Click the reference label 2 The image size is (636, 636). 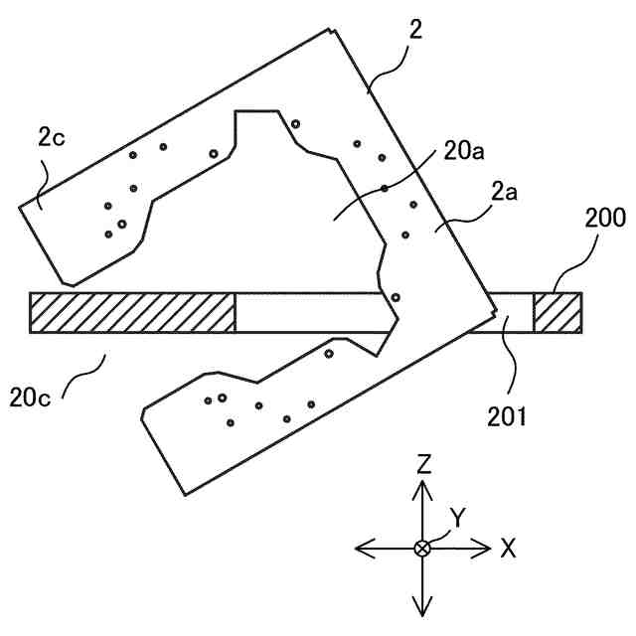[x=415, y=29]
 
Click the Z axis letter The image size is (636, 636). [x=424, y=463]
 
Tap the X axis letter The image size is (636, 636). [x=508, y=548]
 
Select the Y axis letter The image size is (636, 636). [x=457, y=517]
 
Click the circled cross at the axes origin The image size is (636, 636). [x=423, y=548]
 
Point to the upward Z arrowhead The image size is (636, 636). [x=423, y=486]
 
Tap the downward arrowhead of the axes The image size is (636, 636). [x=423, y=607]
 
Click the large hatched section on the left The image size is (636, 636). [x=132, y=312]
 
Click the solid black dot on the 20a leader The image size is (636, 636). [x=384, y=188]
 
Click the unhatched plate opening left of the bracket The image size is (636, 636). [x=308, y=312]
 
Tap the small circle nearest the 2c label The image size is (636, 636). [x=132, y=155]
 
